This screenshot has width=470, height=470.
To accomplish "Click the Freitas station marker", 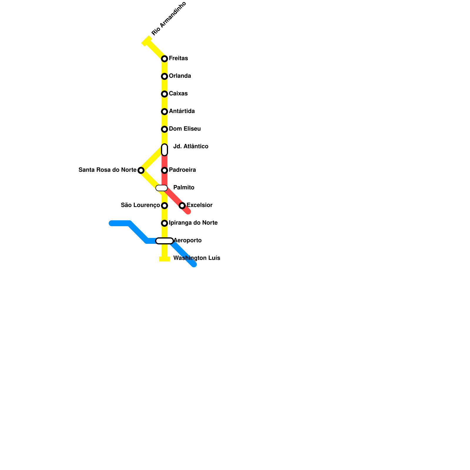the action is (164, 59).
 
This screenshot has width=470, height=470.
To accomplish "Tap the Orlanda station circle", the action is (164, 76).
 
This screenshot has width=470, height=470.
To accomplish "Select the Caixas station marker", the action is (164, 94).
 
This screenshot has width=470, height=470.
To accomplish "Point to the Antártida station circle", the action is (164, 112).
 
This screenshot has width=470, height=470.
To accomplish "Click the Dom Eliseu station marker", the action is (164, 129).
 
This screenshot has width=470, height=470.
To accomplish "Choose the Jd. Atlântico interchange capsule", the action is (164, 150).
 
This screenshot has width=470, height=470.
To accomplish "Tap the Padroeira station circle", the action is (164, 170).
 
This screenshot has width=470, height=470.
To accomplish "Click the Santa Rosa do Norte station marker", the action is (141, 170).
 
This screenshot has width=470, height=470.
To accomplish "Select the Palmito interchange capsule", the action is (162, 188).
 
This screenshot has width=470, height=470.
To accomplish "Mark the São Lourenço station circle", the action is (164, 206).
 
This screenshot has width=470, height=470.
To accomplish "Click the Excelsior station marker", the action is (182, 206).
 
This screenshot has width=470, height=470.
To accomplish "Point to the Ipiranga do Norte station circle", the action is (164, 223).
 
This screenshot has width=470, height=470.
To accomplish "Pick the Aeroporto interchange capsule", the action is (164, 241).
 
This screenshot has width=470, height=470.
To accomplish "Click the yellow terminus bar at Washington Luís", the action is (164, 259).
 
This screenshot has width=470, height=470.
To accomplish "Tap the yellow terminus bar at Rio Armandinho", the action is (147, 41).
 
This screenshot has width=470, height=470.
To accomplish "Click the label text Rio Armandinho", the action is (169, 19).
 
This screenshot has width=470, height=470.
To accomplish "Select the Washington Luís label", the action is (197, 258).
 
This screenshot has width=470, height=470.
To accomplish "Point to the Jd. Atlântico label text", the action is (191, 147).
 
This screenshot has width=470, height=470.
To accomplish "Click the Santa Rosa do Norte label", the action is (107, 170).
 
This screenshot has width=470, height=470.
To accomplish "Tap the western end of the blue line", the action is (111, 223).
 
